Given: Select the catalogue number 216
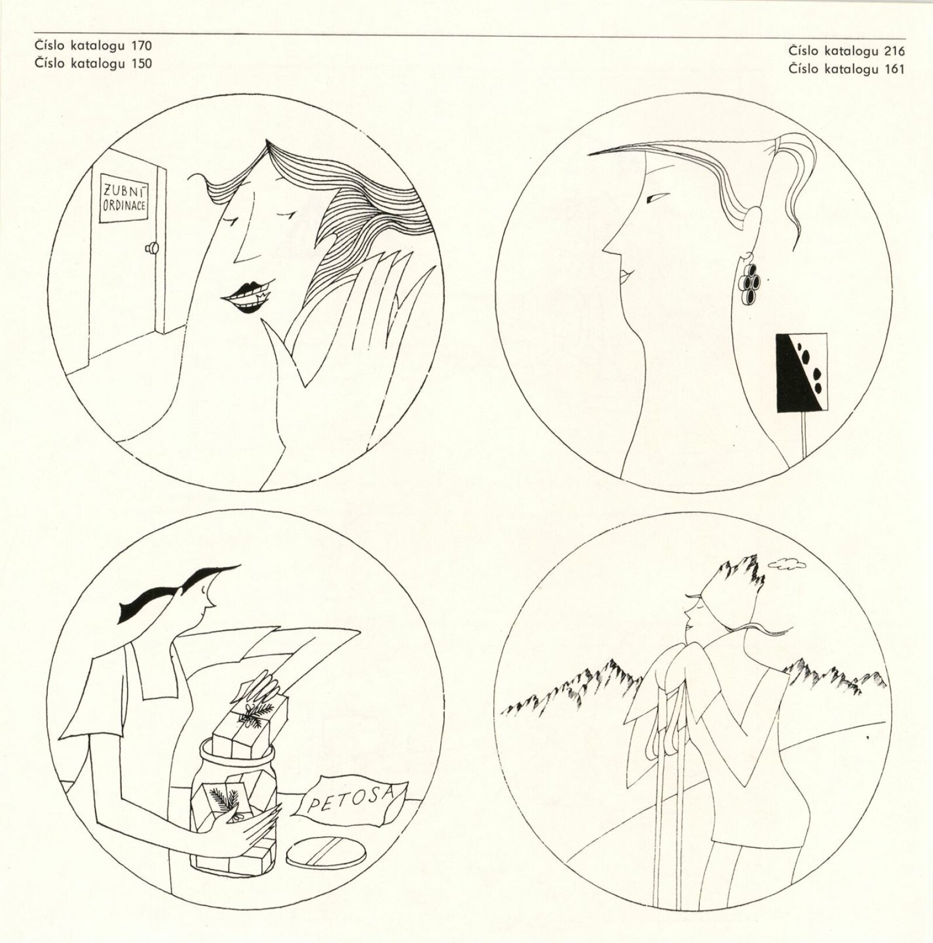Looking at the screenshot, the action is point(895,51).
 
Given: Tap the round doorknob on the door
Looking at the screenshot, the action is point(153,248).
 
